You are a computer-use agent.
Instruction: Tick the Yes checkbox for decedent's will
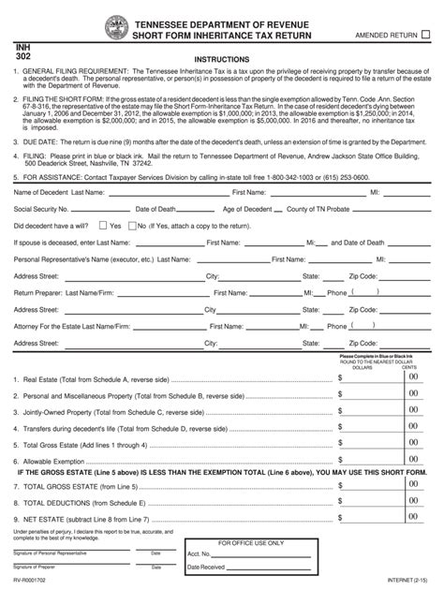[105, 252]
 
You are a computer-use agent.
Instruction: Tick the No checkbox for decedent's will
[132, 252]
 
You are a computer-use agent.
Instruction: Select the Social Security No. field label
[43, 235]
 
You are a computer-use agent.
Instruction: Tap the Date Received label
[238, 566]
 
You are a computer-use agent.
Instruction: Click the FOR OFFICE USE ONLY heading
[263, 542]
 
